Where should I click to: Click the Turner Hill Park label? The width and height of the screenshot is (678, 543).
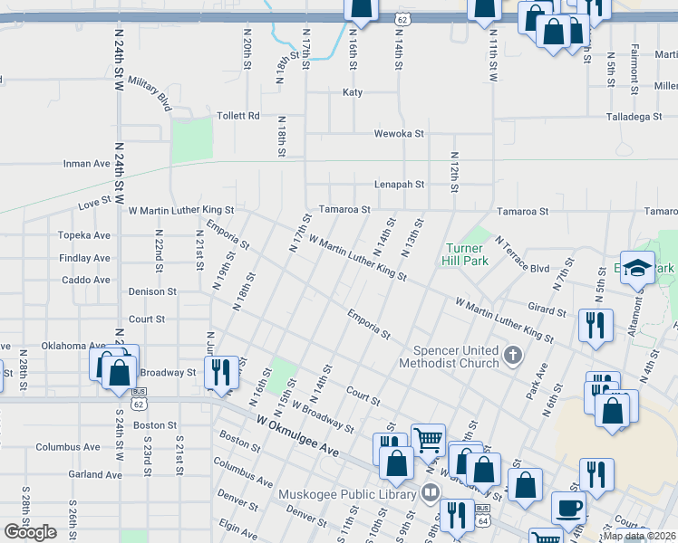pyautogui.click(x=467, y=254)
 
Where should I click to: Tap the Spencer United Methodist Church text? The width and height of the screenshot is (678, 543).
pyautogui.click(x=456, y=357)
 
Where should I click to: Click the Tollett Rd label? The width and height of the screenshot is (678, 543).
pyautogui.click(x=238, y=116)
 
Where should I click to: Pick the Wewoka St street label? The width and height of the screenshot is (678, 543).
pyautogui.click(x=400, y=134)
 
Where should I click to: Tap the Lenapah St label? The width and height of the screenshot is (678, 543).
pyautogui.click(x=400, y=185)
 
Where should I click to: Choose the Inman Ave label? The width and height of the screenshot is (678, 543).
pyautogui.click(x=87, y=164)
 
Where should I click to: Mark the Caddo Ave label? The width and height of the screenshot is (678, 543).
pyautogui.click(x=87, y=280)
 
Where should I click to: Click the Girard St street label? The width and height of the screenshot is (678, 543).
pyautogui.click(x=547, y=310)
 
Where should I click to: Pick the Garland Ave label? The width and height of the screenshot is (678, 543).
pyautogui.click(x=94, y=474)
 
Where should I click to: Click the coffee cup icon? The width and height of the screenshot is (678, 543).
pyautogui.click(x=569, y=510)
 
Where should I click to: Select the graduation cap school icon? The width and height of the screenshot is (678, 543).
pyautogui.click(x=637, y=267)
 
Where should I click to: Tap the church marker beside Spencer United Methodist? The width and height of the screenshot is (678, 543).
pyautogui.click(x=513, y=354)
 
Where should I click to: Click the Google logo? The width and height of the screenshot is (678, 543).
pyautogui.click(x=30, y=532)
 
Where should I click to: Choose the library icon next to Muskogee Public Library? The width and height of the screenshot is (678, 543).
pyautogui.click(x=430, y=493)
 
